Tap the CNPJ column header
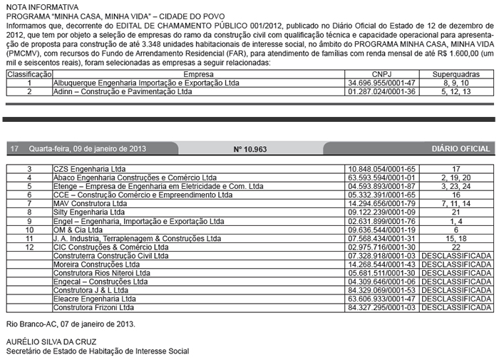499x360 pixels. (x=382, y=73)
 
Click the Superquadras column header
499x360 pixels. (x=456, y=73)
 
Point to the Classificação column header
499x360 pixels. (x=29, y=73)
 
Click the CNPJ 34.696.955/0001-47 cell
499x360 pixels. (x=382, y=83)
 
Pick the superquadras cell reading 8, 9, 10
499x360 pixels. (x=456, y=83)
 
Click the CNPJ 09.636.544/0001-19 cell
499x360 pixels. (x=382, y=230)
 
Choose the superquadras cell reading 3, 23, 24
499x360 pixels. (x=456, y=186)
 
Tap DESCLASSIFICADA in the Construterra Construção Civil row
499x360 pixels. (x=456, y=255)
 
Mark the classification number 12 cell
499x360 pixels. (x=29, y=247)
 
